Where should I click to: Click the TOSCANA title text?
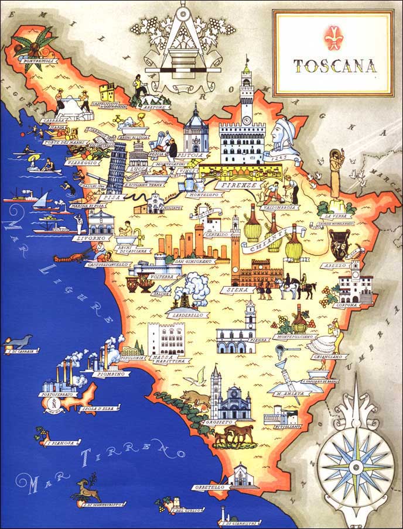click(x=334, y=66)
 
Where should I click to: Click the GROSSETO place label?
click(x=217, y=421)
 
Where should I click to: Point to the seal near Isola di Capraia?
click(x=22, y=342)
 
